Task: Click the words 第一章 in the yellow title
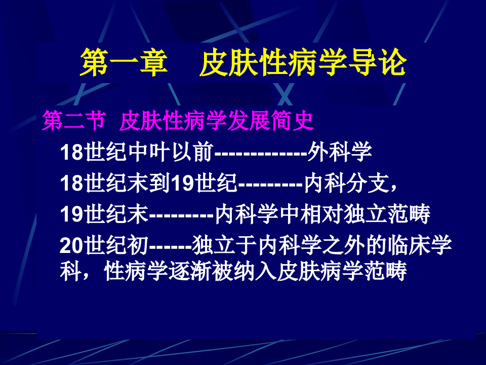124,63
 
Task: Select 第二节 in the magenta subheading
74,122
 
